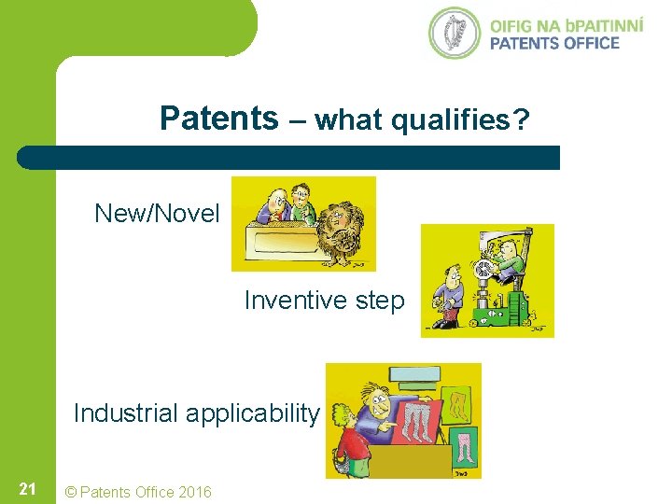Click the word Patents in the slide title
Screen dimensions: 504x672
point(218,119)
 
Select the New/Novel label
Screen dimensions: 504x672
point(157,214)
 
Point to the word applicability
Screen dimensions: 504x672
point(258,413)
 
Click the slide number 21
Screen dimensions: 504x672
point(27,489)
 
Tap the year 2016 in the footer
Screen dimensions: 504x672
point(194,492)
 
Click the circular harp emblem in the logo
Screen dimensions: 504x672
point(455,33)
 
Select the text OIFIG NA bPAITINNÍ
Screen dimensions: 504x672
point(566,23)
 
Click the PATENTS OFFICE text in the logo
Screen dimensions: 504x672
point(554,43)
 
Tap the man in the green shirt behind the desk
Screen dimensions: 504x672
point(300,203)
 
